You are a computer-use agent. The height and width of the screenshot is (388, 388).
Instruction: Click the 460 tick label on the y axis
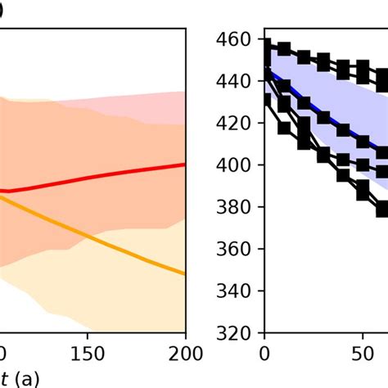point(236,39)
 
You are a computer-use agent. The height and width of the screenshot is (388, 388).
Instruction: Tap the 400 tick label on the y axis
point(236,165)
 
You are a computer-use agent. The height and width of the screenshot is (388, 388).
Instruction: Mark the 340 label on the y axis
point(236,291)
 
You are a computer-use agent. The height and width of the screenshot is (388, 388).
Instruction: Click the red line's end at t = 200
point(185,164)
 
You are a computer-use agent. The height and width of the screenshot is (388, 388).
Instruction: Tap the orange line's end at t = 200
point(185,274)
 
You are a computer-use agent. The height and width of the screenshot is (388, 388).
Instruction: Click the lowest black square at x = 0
point(264,100)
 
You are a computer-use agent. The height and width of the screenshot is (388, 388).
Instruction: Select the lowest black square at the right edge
point(382,209)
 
